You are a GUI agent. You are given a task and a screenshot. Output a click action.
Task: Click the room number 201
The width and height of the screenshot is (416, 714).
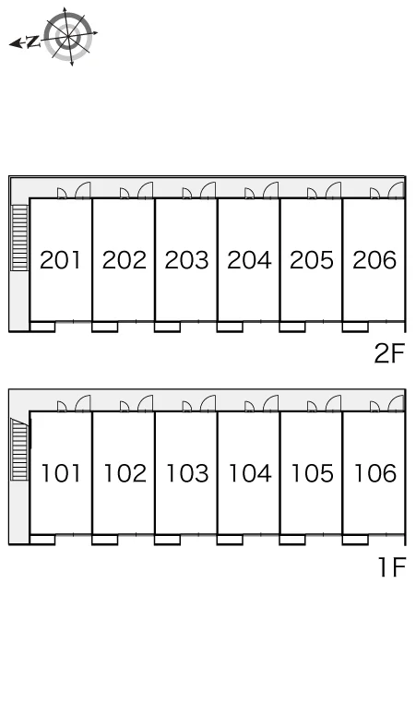click(x=60, y=260)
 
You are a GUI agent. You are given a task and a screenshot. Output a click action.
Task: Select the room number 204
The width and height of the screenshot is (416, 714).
click(x=249, y=260)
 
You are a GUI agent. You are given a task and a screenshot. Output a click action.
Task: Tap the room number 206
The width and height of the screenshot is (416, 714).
click(x=374, y=260)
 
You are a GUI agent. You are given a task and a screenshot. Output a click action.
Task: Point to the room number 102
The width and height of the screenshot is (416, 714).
click(x=125, y=473)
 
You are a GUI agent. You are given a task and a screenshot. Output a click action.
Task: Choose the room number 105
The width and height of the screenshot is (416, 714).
click(x=312, y=473)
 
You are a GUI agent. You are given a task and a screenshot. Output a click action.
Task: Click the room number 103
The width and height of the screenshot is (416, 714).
click(x=187, y=473)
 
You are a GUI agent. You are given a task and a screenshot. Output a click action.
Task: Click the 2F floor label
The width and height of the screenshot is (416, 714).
click(x=389, y=353)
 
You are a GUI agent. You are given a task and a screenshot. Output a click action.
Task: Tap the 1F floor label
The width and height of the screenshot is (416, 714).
click(x=392, y=567)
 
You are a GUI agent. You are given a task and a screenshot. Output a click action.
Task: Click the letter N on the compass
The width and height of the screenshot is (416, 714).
click(x=32, y=42)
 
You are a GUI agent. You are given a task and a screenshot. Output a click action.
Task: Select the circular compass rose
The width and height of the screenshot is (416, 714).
click(x=68, y=36)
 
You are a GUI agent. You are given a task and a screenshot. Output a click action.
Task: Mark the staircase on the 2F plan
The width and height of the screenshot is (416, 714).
click(x=20, y=237)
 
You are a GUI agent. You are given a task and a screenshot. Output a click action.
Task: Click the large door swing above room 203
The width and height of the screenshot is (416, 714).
click(x=208, y=190)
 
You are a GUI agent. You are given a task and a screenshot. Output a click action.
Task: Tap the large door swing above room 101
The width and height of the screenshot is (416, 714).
click(x=82, y=403)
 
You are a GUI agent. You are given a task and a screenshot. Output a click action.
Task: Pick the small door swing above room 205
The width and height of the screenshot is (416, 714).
click(x=312, y=194)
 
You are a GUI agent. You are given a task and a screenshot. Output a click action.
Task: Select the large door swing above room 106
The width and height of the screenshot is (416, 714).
click(x=396, y=403)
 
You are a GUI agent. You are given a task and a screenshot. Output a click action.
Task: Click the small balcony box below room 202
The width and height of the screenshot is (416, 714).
click(x=104, y=327)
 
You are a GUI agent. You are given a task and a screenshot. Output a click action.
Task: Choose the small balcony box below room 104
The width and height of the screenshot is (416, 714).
click(x=230, y=540)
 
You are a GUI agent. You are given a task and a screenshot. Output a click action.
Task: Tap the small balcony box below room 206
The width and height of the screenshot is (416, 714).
click(x=355, y=327)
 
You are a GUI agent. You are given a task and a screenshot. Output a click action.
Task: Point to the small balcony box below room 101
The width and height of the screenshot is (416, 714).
click(x=42, y=540)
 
